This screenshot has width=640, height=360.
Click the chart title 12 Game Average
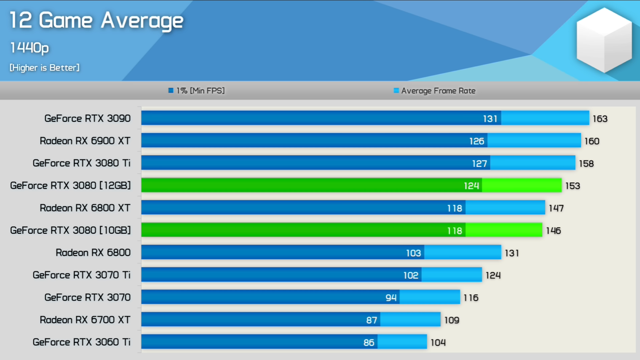(x=96, y=20)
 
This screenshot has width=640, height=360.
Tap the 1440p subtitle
(x=29, y=48)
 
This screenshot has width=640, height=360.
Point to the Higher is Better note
(x=44, y=68)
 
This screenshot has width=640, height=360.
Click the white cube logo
(x=604, y=40)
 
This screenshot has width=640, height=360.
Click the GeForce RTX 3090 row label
(x=87, y=119)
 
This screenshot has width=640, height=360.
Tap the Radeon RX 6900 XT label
(x=85, y=141)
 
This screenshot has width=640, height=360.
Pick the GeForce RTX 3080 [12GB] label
(x=70, y=185)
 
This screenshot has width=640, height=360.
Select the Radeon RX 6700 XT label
(x=85, y=320)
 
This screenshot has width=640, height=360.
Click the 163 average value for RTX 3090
(x=600, y=119)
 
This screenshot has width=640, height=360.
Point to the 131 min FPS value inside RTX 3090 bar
(x=490, y=119)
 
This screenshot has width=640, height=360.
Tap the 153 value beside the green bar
(x=572, y=186)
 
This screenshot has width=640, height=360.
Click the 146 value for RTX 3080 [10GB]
(x=553, y=230)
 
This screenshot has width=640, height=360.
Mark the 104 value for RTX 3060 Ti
(x=438, y=342)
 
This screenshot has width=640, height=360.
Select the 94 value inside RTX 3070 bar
(x=391, y=298)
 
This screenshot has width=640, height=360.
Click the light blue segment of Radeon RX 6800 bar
(x=462, y=252)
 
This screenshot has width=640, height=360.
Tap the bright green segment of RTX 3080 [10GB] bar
(x=504, y=230)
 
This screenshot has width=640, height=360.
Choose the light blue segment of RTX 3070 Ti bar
(x=451, y=275)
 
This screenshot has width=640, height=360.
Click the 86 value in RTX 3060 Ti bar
(x=369, y=342)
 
